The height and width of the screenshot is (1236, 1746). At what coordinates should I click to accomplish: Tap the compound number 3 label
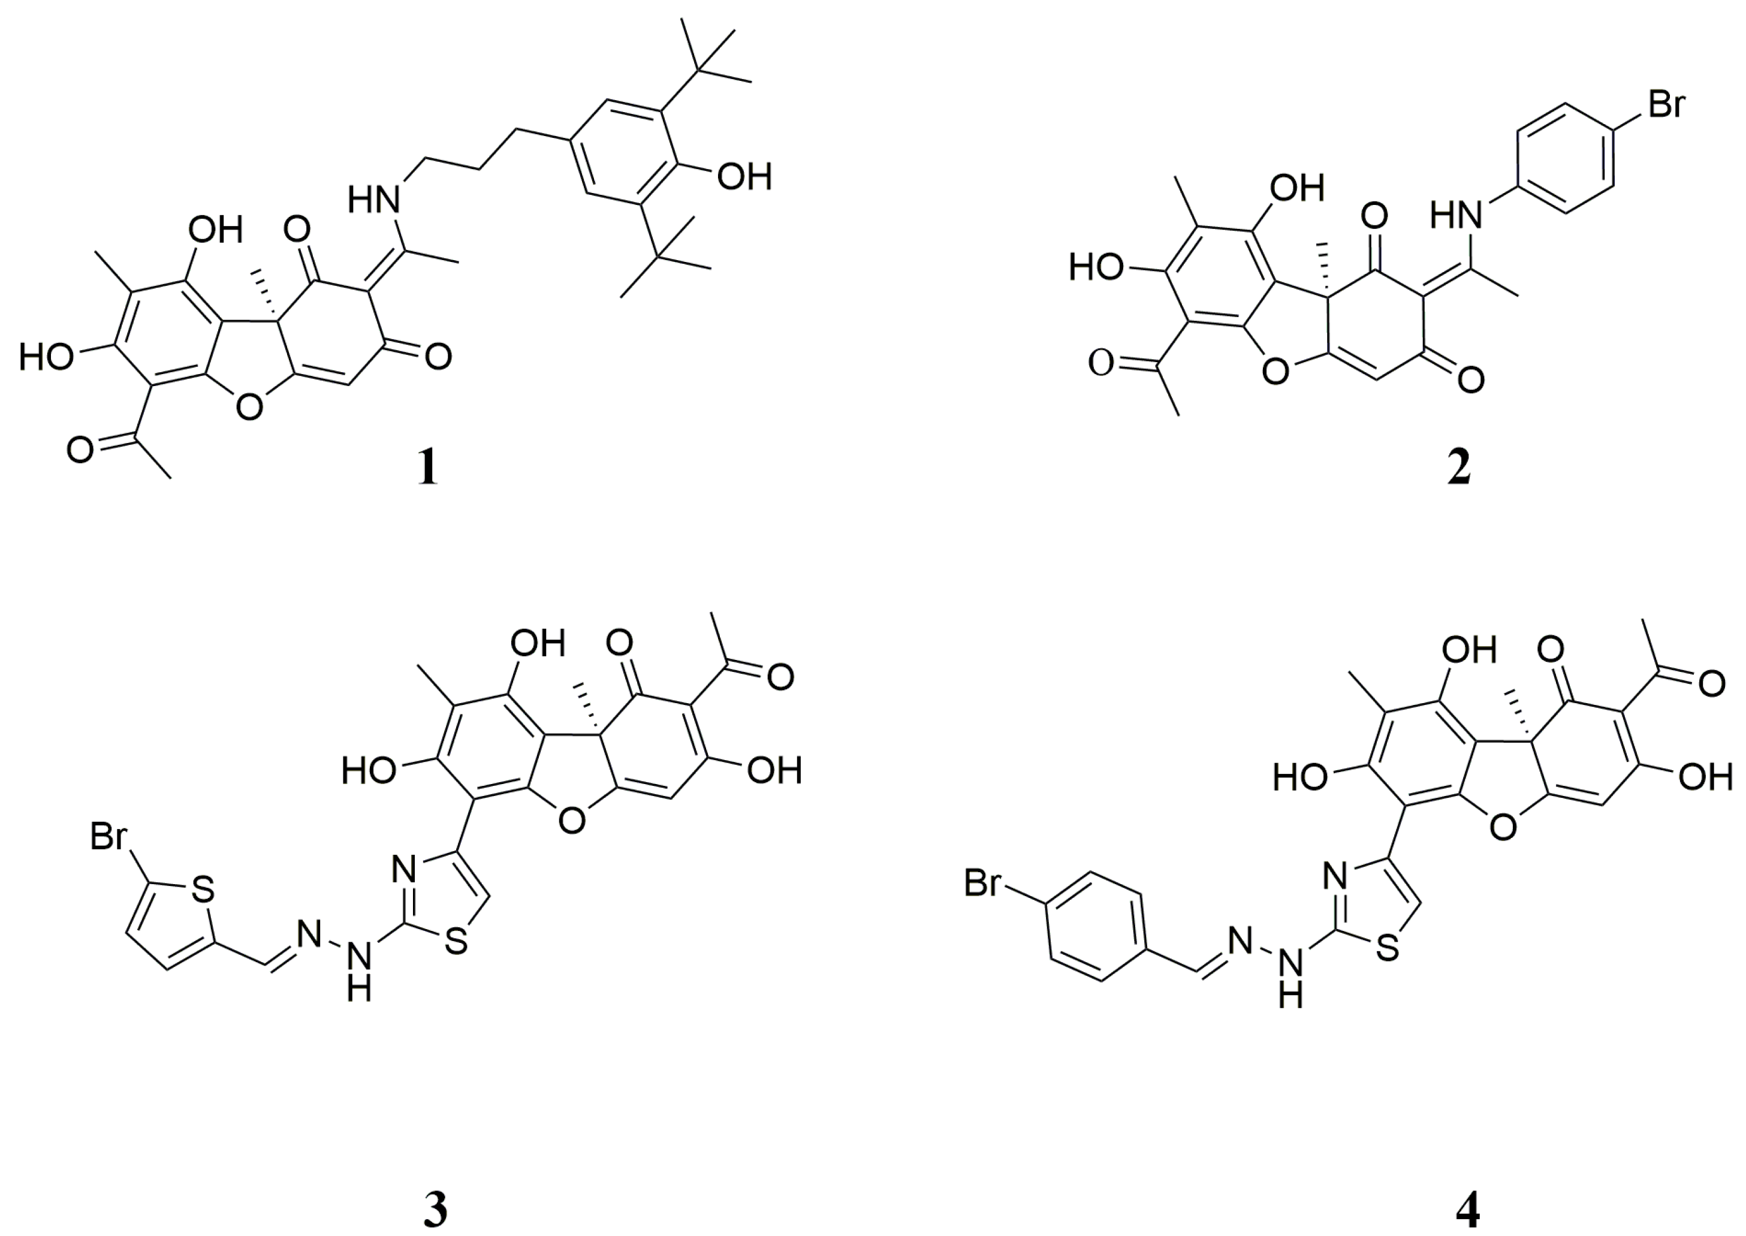435,1210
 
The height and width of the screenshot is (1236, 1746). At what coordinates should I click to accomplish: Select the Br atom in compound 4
984,884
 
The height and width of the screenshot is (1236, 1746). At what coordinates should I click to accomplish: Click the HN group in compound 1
375,201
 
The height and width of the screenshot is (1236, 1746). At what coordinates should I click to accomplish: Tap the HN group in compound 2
1456,215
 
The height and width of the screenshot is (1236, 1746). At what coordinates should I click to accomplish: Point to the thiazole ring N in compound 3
403,867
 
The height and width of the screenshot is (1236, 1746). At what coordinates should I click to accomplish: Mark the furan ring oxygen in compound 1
250,409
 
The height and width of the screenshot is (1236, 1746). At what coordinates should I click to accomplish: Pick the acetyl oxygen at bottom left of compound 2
1101,363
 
